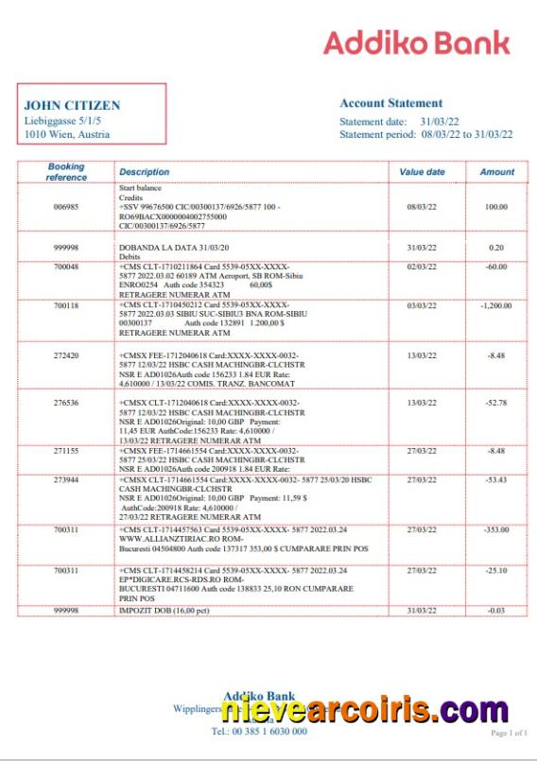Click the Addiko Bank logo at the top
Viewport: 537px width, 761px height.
(416, 43)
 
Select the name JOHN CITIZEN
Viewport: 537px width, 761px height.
(72, 106)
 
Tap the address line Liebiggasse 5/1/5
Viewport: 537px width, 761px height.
(63, 121)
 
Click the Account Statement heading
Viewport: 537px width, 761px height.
(390, 103)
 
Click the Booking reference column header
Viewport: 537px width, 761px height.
(66, 172)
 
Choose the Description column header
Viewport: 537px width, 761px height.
(144, 172)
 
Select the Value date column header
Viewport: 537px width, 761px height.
(422, 172)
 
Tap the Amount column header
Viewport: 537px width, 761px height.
(497, 172)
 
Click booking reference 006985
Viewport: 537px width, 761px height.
(66, 207)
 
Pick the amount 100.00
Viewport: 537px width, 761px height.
(496, 207)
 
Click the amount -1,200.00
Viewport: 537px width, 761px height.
(495, 306)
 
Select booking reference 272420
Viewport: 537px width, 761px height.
(66, 355)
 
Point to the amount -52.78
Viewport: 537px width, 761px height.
(495, 403)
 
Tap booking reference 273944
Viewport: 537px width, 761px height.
(66, 480)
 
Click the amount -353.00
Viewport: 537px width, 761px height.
(495, 531)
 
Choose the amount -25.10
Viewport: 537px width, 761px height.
(495, 571)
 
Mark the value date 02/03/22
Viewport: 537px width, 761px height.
(422, 268)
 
